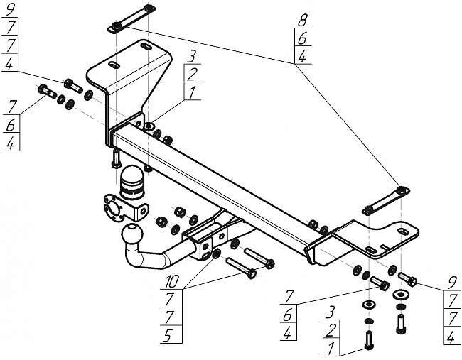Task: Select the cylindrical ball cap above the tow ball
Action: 131,182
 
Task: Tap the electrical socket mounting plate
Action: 124,207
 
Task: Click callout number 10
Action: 172,281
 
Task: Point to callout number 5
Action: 168,336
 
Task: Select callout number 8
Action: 301,21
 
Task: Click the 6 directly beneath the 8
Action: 302,38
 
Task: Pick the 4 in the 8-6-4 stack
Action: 302,57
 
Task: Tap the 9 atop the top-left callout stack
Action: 9,11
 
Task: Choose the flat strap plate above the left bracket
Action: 131,19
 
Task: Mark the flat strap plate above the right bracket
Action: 386,201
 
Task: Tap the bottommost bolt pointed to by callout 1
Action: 369,340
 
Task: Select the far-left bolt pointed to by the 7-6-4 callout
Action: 47,91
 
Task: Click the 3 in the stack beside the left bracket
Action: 192,57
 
